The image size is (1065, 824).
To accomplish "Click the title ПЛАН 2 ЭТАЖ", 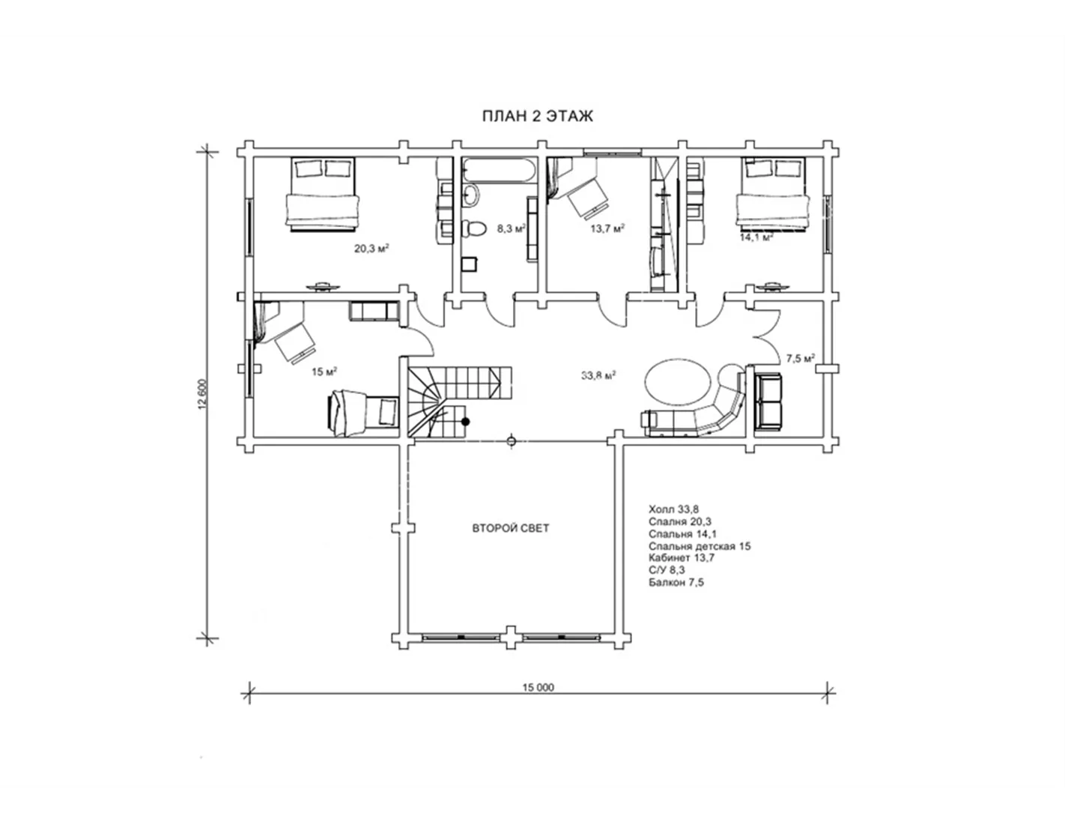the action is pos(538,116).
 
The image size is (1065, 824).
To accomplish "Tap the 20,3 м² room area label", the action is pos(371,248).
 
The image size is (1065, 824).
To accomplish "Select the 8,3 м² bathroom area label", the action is pos(512,228).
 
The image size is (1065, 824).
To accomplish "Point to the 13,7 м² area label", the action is pos(607,228).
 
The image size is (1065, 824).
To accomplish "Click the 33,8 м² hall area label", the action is pos(598,375).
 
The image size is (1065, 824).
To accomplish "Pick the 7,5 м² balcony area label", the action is pos(801,358).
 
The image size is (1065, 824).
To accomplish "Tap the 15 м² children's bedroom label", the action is pos(324,372).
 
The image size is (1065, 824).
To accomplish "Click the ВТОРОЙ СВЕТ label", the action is pos(511,528).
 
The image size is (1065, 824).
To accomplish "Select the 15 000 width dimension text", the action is pos(538,687).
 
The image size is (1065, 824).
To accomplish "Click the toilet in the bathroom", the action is pos(473,228).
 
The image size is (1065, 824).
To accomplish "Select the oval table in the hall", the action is pos(677,382).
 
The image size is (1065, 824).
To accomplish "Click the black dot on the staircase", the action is pos(466,421).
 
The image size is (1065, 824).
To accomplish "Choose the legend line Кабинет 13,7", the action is pos(682,558).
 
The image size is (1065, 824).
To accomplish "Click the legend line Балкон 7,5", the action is pos(676,582).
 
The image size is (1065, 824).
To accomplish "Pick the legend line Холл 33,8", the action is pos(673,509).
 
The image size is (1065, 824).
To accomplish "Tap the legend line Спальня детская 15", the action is pos(700,545).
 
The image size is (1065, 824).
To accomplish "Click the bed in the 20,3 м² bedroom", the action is pos(323,194).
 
